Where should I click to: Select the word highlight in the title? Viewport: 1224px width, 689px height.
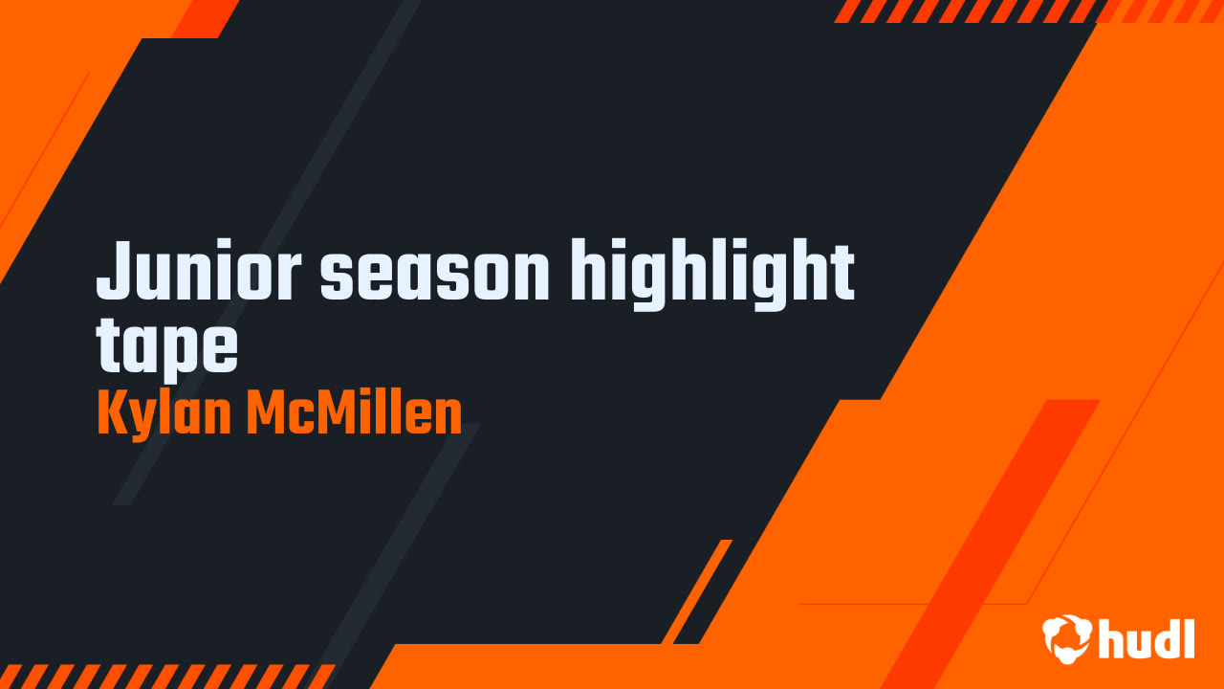pyautogui.click(x=712, y=273)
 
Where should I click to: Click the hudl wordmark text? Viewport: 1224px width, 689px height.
pyautogui.click(x=1147, y=638)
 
